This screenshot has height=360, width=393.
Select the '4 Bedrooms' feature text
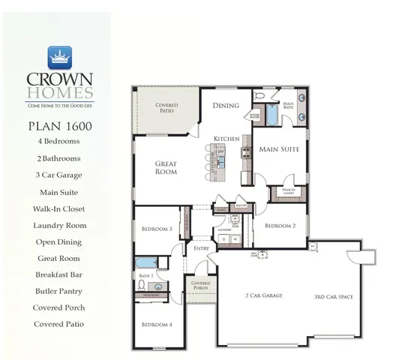click(x=58, y=141)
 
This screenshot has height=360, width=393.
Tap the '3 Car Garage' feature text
click(x=58, y=175)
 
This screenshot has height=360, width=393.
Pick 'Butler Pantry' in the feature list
click(x=58, y=291)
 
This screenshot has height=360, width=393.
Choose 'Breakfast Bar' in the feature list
click(x=58, y=274)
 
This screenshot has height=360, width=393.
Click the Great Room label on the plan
click(x=166, y=167)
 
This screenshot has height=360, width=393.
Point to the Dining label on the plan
click(x=226, y=106)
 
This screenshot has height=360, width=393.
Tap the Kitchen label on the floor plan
click(x=226, y=139)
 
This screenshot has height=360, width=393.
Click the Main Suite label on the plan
click(x=279, y=149)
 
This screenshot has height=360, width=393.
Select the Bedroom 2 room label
click(x=280, y=225)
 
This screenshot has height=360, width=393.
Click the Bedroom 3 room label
click(x=157, y=229)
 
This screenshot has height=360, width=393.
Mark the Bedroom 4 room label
click(x=157, y=324)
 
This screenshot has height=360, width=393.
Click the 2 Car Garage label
click(x=264, y=296)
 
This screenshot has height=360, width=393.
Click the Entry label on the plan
click(x=201, y=248)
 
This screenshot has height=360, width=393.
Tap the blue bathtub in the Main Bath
click(x=271, y=115)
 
